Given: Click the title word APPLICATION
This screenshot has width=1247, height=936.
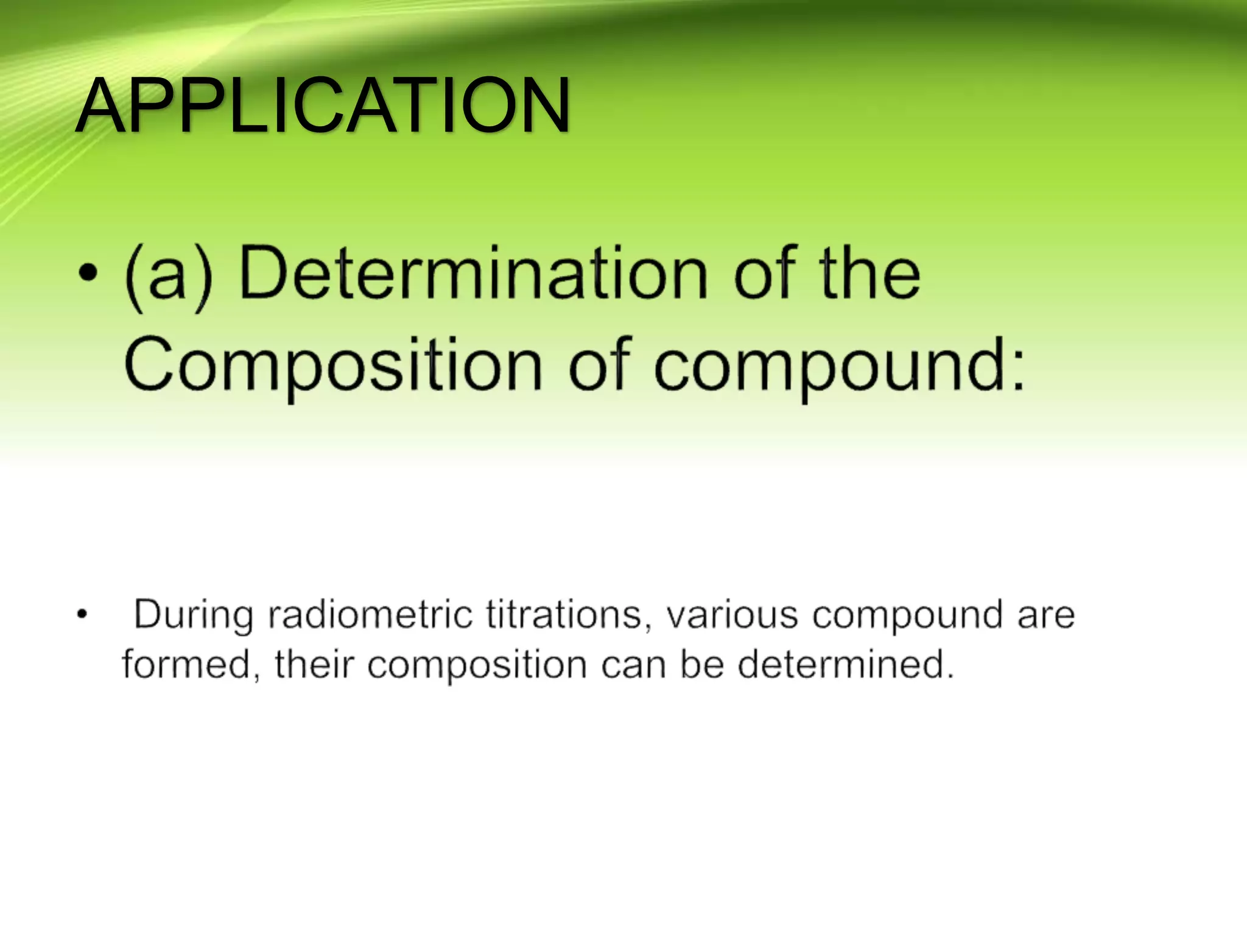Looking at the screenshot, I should pyautogui.click(x=323, y=105).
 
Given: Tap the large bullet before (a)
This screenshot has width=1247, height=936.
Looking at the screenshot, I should pyautogui.click(x=88, y=274).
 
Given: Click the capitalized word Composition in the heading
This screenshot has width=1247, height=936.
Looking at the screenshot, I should pyautogui.click(x=332, y=366).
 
